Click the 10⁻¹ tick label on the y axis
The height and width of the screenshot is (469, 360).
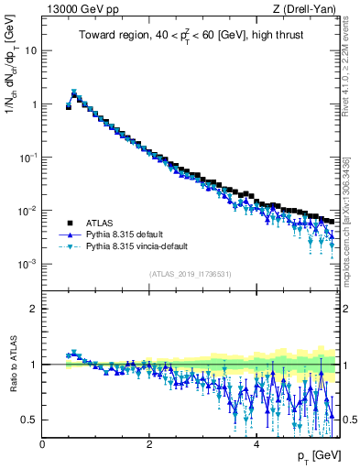[x=29, y=158]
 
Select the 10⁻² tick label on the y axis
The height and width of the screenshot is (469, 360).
[x=29, y=211]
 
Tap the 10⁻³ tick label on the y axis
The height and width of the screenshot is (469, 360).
[x=29, y=264]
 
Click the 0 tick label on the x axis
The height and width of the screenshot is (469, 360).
[x=42, y=444]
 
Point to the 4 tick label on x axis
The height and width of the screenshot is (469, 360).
[x=256, y=444]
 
